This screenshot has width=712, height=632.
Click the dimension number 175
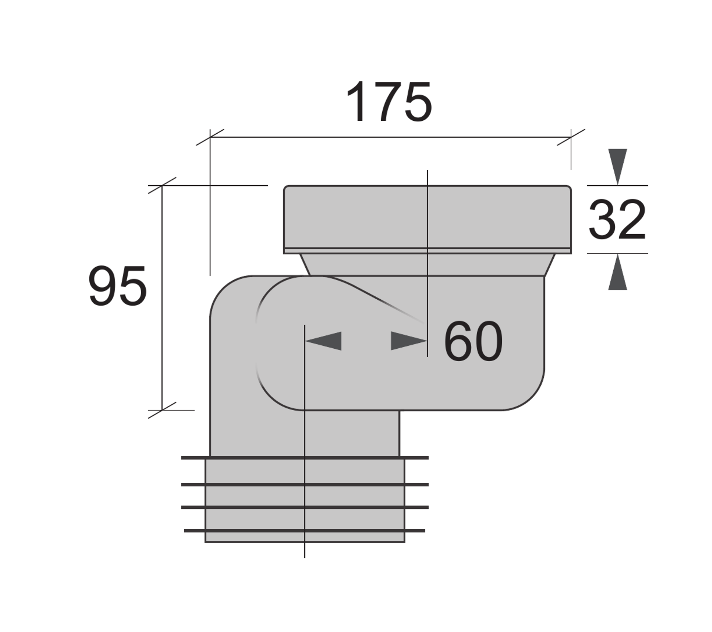389,101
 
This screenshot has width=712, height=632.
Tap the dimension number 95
118,286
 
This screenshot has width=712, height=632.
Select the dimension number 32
617,219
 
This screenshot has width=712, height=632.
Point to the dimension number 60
473,341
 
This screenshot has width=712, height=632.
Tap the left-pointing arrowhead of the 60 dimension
323,341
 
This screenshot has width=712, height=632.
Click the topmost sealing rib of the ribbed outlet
305,458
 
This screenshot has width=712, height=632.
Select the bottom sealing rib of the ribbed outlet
305,531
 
